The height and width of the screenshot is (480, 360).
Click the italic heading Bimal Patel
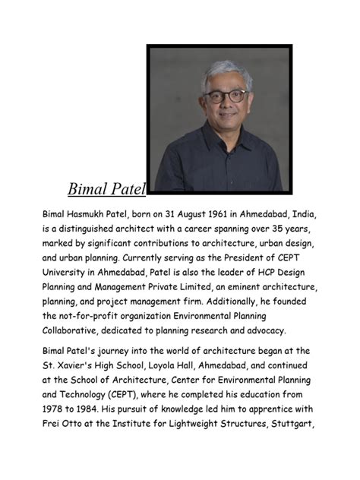[x=106, y=188]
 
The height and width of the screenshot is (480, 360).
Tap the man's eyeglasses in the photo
[x=226, y=97]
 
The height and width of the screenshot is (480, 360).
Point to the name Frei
[x=52, y=424]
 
